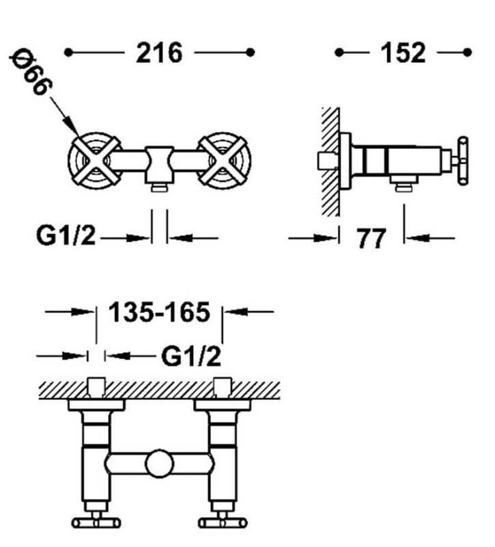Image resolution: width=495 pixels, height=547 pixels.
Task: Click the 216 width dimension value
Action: click(160, 53)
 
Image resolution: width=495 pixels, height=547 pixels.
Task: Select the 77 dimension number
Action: click(371, 239)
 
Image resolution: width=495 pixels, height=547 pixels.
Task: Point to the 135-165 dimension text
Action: click(159, 312)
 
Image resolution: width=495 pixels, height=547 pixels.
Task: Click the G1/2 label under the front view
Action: click(66, 237)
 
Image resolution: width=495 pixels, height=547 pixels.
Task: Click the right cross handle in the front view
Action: click(223, 159)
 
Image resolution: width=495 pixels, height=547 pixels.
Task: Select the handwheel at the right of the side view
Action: click(465, 161)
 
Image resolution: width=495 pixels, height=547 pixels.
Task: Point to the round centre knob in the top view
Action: click(159, 465)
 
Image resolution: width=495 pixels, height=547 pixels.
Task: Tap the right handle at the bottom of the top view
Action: click(223, 523)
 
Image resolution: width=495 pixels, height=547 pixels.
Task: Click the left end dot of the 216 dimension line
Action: click(68, 52)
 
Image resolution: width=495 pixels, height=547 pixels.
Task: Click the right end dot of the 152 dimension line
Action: click(468, 52)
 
